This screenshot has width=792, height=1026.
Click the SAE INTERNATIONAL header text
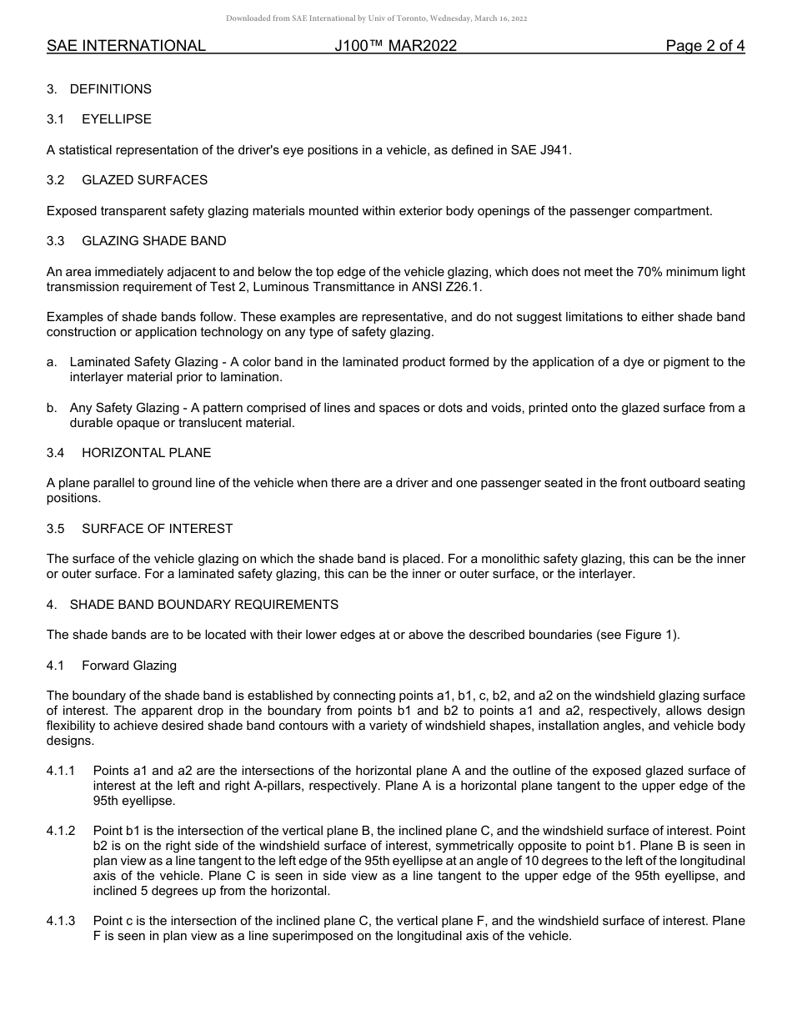click(126, 46)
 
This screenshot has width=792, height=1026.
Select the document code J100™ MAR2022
click(395, 46)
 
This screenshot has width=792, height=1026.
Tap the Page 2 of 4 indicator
click(704, 46)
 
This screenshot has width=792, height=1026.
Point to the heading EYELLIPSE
click(117, 119)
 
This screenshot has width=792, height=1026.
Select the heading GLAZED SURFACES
click(144, 180)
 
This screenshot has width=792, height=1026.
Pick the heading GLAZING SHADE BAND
click(153, 241)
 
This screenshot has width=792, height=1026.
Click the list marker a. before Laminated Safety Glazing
click(52, 362)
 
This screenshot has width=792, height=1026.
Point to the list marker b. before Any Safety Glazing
click(52, 408)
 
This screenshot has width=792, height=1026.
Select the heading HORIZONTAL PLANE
click(146, 453)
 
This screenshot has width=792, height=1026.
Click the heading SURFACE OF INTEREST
click(157, 529)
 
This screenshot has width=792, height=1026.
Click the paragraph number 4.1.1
click(61, 771)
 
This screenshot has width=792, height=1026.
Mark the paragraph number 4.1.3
click(61, 921)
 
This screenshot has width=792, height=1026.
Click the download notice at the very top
click(376, 18)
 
